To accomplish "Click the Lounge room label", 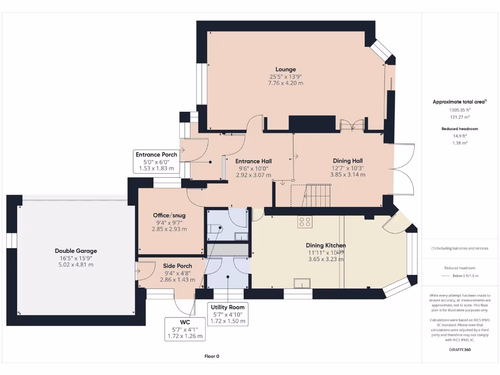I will [286, 69].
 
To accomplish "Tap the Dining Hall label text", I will [348, 161].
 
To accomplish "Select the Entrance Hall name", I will [253, 161].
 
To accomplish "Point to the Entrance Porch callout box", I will [156, 161].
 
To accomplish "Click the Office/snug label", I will [169, 215].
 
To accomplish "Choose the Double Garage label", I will [76, 251].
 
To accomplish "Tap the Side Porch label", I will [178, 266].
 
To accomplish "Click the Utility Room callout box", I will [227, 314].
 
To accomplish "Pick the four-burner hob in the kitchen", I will [305, 222].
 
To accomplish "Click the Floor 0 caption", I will [211, 356].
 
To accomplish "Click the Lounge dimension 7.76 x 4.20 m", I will [286, 83].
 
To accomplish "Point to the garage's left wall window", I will [9, 243].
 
